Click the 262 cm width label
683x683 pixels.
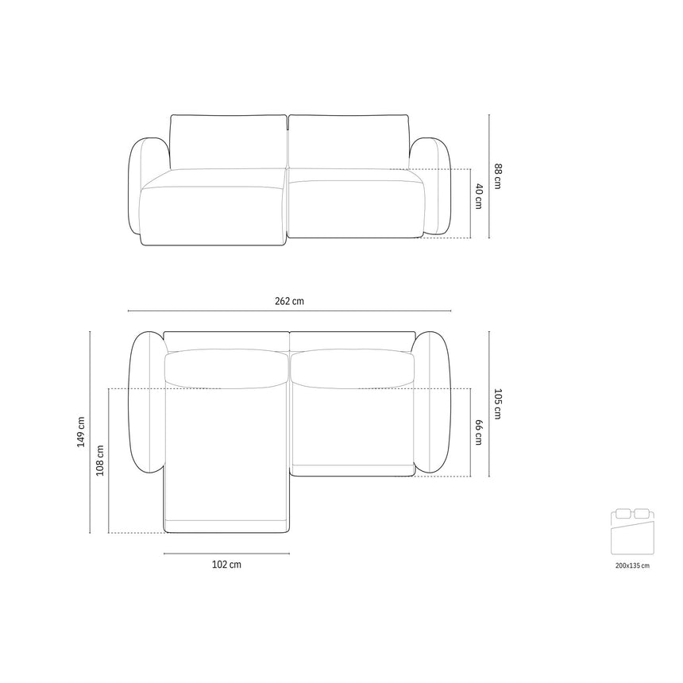coord(289,301)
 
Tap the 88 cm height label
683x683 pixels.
coord(497,176)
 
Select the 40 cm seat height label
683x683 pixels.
coord(479,196)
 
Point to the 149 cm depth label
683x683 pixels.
coord(80,432)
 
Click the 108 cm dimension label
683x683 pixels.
coord(100,461)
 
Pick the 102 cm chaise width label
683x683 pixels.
coord(226,565)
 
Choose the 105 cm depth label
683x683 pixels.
coord(497,403)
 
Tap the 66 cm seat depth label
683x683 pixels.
coord(479,432)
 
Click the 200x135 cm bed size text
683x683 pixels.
coord(632,565)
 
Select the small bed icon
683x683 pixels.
coord(632,531)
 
